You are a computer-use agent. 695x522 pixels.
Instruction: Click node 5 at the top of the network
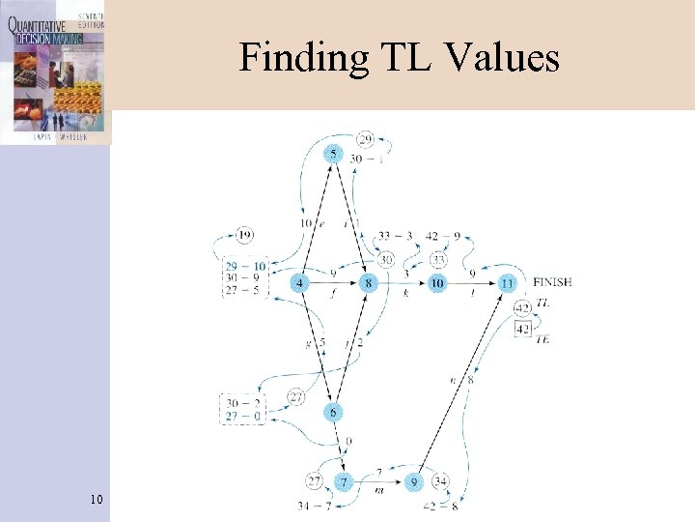point(333,154)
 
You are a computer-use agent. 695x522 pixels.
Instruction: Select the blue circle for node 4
point(302,282)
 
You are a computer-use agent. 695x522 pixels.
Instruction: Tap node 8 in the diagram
point(368,282)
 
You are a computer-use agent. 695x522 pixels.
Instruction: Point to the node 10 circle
point(437,282)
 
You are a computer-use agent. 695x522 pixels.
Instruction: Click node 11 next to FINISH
point(508,282)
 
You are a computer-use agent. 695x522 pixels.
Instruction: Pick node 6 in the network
point(333,412)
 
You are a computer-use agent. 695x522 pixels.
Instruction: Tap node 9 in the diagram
point(414,481)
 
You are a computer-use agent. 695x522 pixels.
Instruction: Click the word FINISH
point(552,281)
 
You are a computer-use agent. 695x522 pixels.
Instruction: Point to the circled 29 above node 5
point(365,139)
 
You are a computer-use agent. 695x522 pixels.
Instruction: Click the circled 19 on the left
point(244,234)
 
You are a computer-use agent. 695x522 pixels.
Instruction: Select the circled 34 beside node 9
point(440,481)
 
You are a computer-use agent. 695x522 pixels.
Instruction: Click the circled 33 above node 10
point(438,258)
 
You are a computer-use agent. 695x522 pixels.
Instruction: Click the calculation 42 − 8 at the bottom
point(441,505)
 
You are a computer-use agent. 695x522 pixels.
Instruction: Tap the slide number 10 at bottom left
point(96,499)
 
